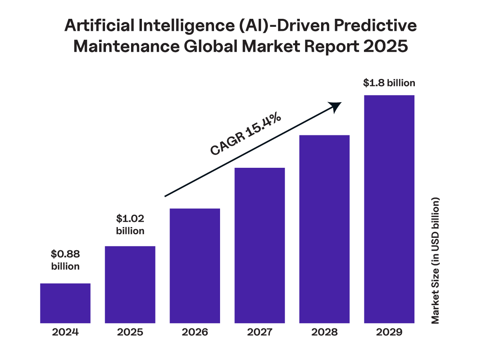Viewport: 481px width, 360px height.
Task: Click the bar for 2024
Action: (x=65, y=303)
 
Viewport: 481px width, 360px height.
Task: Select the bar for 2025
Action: (x=130, y=284)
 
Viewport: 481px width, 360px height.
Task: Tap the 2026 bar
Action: (x=195, y=265)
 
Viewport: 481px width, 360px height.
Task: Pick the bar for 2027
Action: (x=260, y=245)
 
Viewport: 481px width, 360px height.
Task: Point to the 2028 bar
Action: (x=325, y=229)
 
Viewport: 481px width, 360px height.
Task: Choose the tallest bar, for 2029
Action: (x=389, y=209)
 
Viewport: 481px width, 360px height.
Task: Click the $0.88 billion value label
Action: (x=65, y=260)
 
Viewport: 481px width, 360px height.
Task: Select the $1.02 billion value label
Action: (x=130, y=225)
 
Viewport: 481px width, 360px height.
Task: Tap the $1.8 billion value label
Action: (x=389, y=83)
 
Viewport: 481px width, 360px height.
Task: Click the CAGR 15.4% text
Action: (x=245, y=135)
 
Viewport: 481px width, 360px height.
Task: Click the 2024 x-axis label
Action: (x=65, y=332)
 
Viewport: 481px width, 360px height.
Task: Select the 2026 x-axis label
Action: (x=195, y=332)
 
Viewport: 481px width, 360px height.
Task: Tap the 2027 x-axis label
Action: (x=260, y=332)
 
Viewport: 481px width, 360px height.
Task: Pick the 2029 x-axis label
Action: (x=389, y=332)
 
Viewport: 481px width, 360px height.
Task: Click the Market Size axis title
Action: (x=436, y=260)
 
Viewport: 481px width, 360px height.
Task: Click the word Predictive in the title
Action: (x=375, y=26)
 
